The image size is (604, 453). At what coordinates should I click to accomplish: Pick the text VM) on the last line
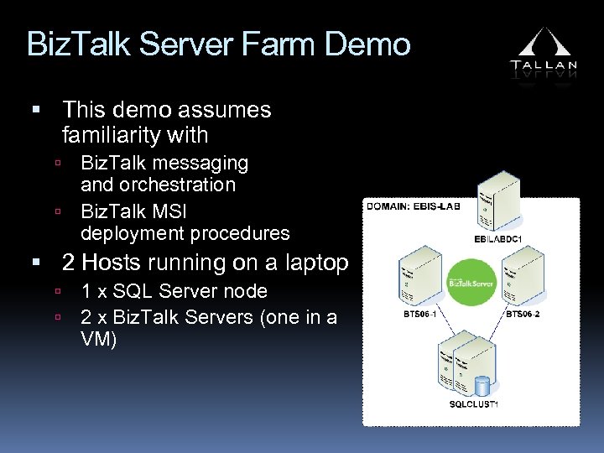(98, 340)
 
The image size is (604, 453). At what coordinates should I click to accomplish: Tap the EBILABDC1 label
(497, 238)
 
